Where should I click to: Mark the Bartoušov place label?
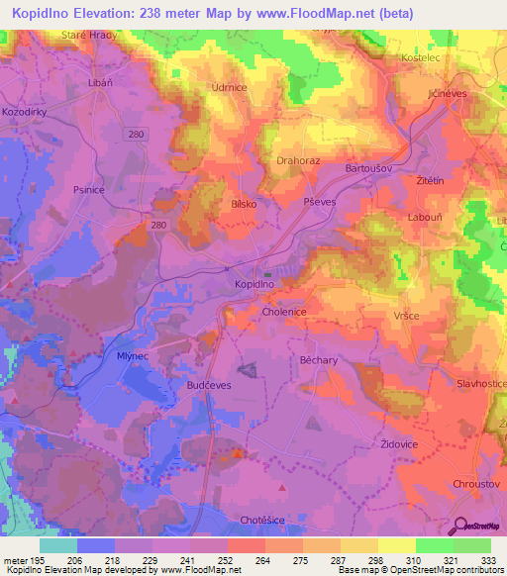pyautogui.click(x=371, y=169)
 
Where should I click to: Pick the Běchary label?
pyautogui.click(x=319, y=361)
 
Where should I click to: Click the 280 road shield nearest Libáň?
pyautogui.click(x=137, y=132)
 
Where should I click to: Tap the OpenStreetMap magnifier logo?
pyautogui.click(x=459, y=527)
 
